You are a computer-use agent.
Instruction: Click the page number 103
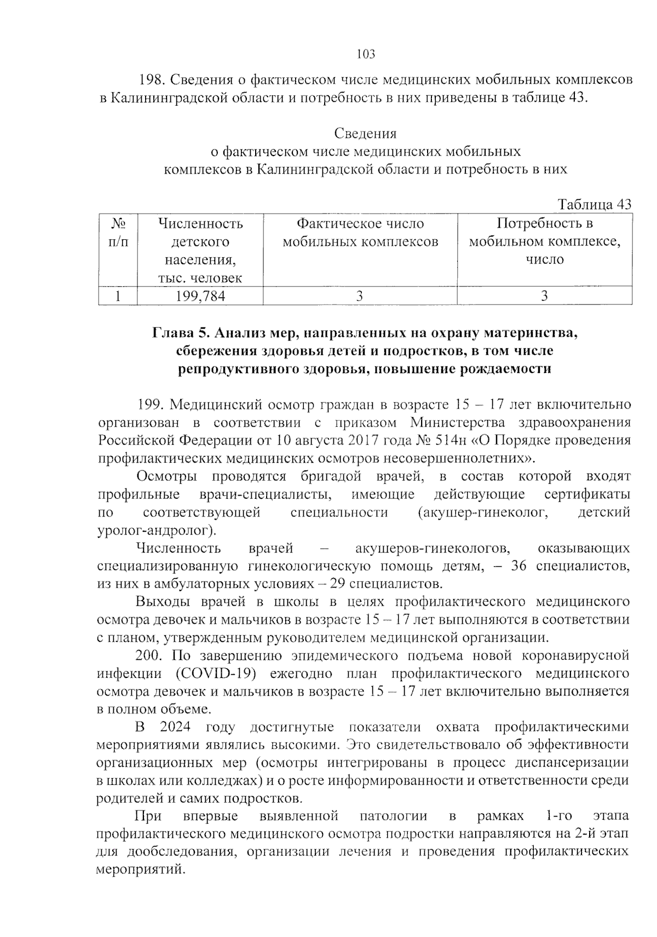pyautogui.click(x=366, y=54)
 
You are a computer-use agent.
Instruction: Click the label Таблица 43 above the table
pyautogui.click(x=594, y=204)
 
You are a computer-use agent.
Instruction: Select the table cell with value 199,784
pyautogui.click(x=200, y=296)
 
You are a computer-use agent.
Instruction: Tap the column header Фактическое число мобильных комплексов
pyautogui.click(x=360, y=233)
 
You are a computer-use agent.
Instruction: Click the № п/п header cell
pyautogui.click(x=118, y=233)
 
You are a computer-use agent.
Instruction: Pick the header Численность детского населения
pyautogui.click(x=200, y=250)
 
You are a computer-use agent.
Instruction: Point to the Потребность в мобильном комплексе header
pyautogui.click(x=544, y=242)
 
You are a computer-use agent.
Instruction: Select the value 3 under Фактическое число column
pyautogui.click(x=360, y=296)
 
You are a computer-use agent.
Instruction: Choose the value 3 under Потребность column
pyautogui.click(x=544, y=296)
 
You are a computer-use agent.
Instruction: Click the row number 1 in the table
pyautogui.click(x=118, y=296)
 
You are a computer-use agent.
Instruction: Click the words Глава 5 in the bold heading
pyautogui.click(x=181, y=333)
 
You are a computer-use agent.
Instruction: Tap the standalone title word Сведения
pyautogui.click(x=365, y=134)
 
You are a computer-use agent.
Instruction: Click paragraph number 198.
pyautogui.click(x=151, y=80)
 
